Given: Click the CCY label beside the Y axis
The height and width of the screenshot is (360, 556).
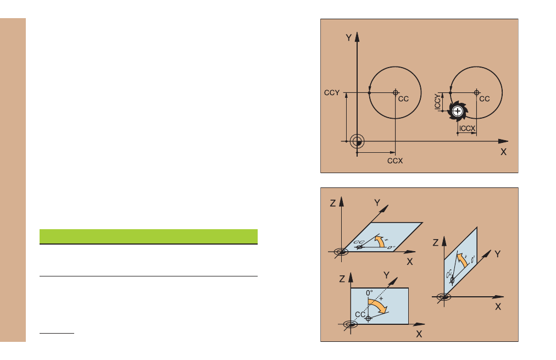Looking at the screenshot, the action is pyautogui.click(x=332, y=92).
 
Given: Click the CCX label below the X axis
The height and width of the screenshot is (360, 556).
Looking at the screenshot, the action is pyautogui.click(x=395, y=160).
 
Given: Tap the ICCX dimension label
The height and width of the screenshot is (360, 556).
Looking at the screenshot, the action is pyautogui.click(x=467, y=129).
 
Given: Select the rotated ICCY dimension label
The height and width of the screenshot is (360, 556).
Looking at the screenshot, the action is pyautogui.click(x=438, y=102).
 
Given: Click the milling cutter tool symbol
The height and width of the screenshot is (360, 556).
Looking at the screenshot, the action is pyautogui.click(x=458, y=111).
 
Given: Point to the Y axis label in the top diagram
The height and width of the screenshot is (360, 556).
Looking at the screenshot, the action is pyautogui.click(x=348, y=37).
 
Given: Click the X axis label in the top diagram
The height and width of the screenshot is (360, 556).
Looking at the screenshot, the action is pyautogui.click(x=503, y=152).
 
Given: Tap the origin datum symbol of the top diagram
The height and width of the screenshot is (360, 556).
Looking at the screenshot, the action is pyautogui.click(x=357, y=141).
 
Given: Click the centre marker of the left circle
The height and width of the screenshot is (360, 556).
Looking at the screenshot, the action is pyautogui.click(x=396, y=92).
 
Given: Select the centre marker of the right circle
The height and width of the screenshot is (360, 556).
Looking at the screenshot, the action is pyautogui.click(x=476, y=92).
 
